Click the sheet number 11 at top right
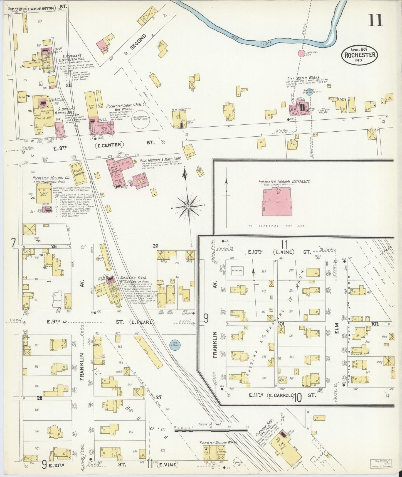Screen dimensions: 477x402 tap(375, 20)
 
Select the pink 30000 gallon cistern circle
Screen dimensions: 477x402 tap(302, 53)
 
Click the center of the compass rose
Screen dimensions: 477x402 tap(188, 206)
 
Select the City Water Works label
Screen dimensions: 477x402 tap(304, 78)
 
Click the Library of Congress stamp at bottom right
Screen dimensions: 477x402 tap(381, 464)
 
